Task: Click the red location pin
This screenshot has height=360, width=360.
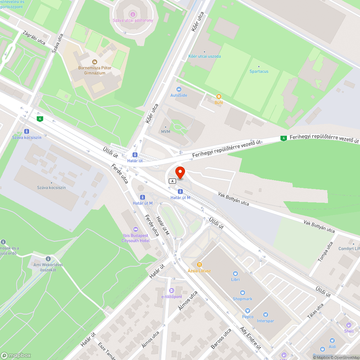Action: coord(180,172)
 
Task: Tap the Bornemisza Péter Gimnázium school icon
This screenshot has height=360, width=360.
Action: coord(95,62)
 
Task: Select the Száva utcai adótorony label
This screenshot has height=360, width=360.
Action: coord(132,21)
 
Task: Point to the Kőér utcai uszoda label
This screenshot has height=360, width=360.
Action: coord(204,56)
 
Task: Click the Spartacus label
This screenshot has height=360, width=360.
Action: coord(259,71)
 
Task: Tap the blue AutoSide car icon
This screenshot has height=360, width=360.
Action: coord(179,89)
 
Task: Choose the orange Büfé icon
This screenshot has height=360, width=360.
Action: coord(219,96)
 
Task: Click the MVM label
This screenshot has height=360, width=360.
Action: coord(166,132)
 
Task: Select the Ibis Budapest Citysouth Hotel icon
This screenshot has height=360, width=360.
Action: coord(135,229)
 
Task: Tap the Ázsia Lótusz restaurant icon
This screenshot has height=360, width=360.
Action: coord(199,265)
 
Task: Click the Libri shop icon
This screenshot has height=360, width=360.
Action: coord(235,274)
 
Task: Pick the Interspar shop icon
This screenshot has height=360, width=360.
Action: coord(265,315)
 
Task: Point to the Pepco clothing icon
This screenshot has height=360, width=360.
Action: coord(247,311)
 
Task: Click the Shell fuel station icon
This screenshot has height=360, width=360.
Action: coord(348,325)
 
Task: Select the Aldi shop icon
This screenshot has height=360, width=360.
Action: coord(332,340)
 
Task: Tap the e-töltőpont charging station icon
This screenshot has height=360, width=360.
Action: coord(172,291)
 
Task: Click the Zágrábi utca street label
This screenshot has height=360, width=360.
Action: coord(34,37)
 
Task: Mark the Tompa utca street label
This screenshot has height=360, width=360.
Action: coord(325,251)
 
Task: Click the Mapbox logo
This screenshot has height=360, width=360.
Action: coord(16,355)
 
